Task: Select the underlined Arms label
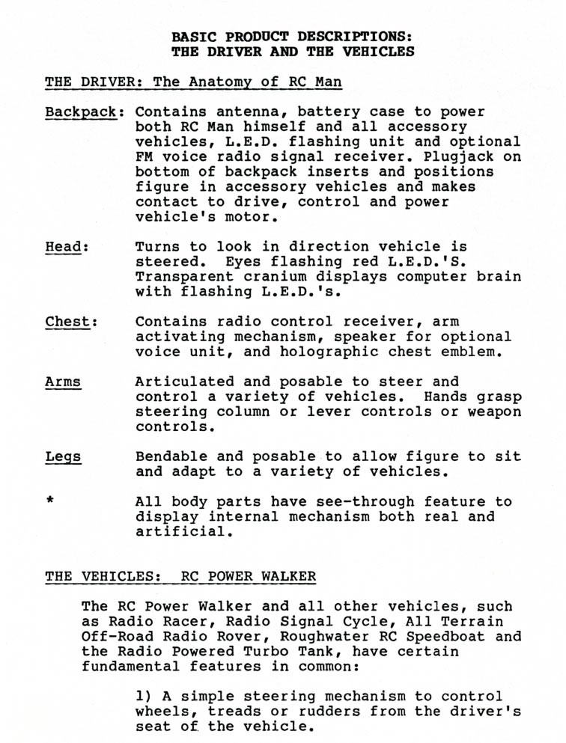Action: (x=63, y=382)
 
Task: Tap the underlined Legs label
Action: (x=63, y=456)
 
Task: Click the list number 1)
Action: (x=144, y=697)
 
